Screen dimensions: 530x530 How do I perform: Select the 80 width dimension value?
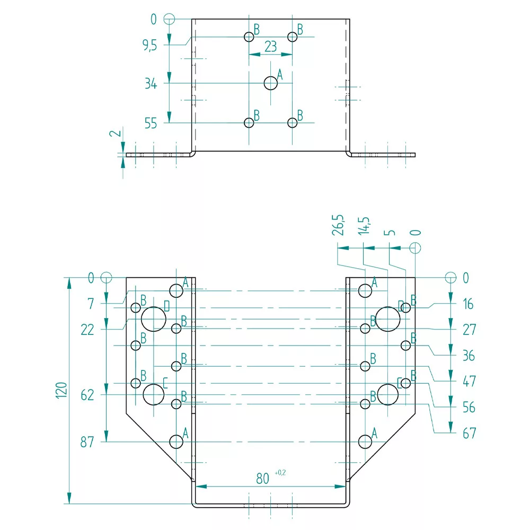click(262, 479)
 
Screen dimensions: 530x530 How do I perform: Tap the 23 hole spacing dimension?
click(270, 47)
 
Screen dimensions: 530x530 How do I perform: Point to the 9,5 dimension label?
click(149, 46)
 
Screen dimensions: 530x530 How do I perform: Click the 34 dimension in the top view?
click(151, 83)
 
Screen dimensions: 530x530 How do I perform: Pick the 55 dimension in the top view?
click(151, 123)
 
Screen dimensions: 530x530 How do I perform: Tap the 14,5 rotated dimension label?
click(365, 225)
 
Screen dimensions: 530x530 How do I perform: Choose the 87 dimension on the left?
click(87, 442)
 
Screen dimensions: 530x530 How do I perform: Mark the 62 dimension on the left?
click(87, 395)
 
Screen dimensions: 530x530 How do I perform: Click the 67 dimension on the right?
click(469, 434)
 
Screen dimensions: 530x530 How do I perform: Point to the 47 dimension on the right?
click(469, 381)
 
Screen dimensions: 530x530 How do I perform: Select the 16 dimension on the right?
click(467, 304)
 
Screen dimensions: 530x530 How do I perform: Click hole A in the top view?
click(271, 83)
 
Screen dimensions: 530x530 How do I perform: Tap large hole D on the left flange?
click(154, 319)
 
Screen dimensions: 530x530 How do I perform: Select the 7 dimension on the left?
click(91, 304)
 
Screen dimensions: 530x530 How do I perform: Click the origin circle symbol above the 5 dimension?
click(416, 248)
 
